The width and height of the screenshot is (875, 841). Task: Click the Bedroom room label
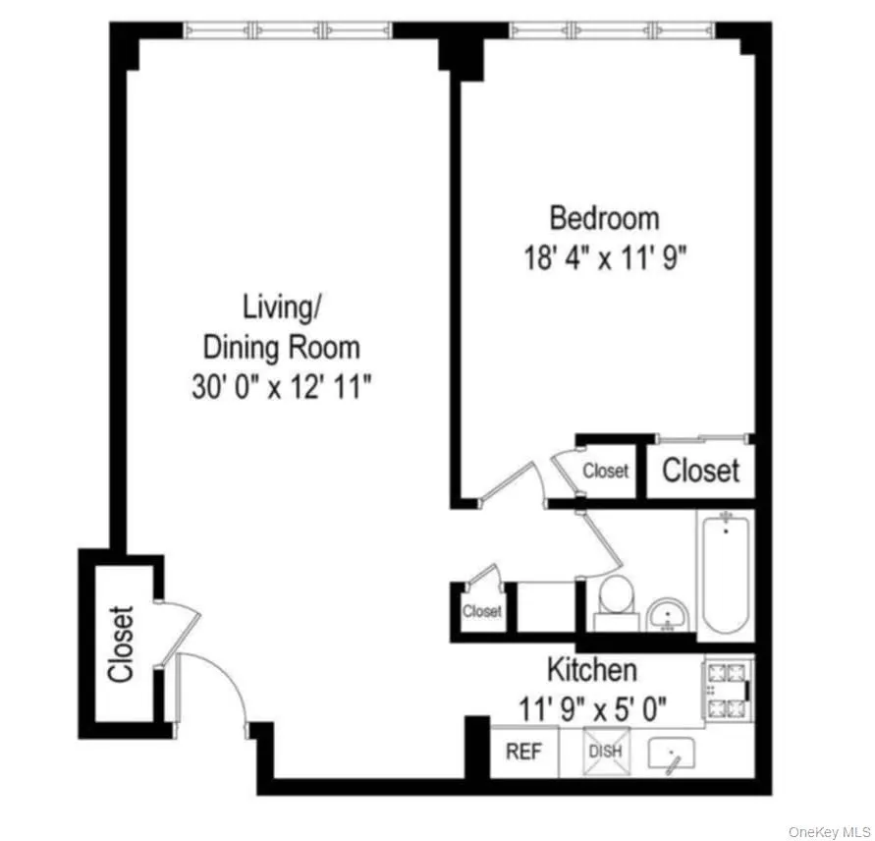coord(604,216)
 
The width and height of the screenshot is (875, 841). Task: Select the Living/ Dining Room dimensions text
coord(281,386)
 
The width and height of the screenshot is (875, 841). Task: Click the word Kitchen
coord(591,671)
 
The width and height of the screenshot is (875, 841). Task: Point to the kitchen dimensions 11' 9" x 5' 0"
coord(593,706)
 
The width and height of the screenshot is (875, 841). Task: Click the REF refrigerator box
coord(523,753)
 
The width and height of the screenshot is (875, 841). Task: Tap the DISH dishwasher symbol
coord(604,753)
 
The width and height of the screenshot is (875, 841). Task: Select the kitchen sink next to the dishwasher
coord(673,754)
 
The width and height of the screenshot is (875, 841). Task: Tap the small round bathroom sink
coord(671,614)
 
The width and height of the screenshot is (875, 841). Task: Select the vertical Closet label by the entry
coord(120,645)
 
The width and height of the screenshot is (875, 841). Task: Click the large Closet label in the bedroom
coord(700,471)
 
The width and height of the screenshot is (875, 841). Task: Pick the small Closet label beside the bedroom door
coord(605,471)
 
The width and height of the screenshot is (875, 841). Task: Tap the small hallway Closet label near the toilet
coord(481,611)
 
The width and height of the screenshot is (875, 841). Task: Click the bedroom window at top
coord(612,29)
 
